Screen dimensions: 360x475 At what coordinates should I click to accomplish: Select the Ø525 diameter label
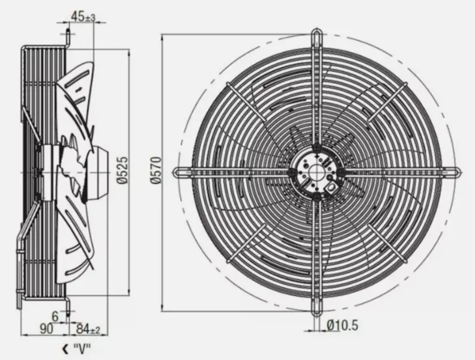pos(122,170)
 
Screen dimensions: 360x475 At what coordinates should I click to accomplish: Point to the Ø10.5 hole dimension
pos(343,325)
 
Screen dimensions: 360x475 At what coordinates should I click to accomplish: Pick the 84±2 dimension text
pos(88,329)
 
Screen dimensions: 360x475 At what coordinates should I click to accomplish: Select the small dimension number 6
pos(55,315)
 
